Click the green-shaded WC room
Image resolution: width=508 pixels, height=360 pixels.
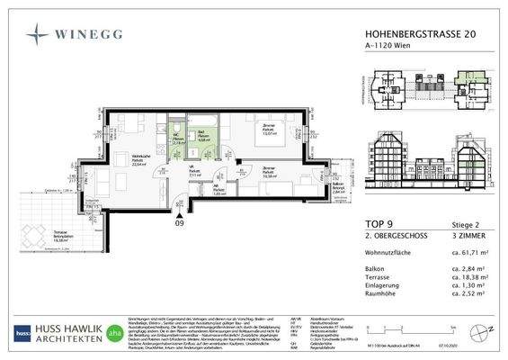[x=179, y=140]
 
